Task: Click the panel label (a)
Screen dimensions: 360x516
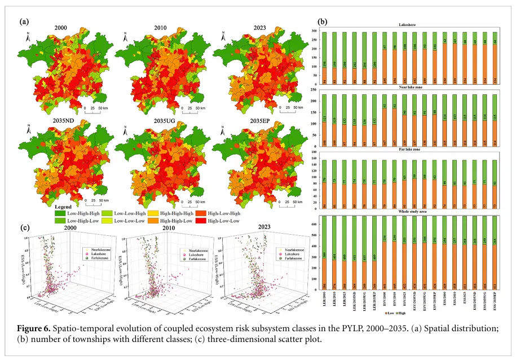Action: [x=24, y=21]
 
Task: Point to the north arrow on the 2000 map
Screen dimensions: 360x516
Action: [x=28, y=37]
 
